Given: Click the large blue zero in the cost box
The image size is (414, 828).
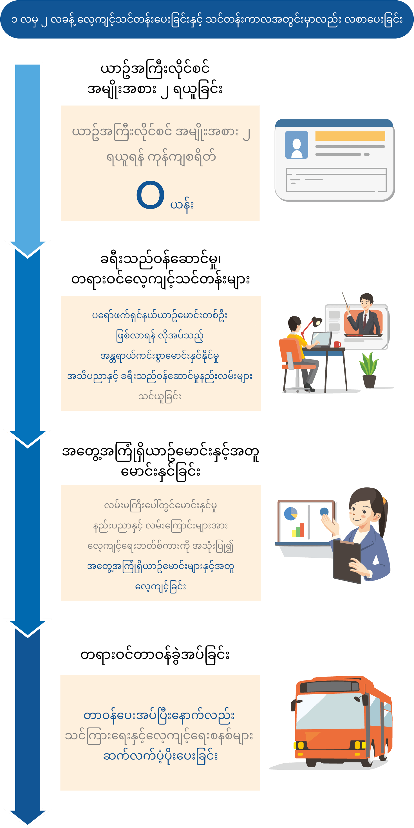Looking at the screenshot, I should click(150, 195).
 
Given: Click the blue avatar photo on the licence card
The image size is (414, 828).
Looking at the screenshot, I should click(296, 145).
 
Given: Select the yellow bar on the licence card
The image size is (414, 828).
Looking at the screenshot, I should click(350, 136).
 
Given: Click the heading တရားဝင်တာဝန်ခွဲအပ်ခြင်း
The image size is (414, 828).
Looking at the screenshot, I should click(155, 655).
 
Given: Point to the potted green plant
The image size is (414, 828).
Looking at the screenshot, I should click(369, 370).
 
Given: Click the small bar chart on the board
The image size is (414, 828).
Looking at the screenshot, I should click(298, 530).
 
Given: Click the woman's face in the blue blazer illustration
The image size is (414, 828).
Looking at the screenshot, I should click(362, 511).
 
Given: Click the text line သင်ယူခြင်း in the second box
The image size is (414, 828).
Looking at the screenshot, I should click(160, 397).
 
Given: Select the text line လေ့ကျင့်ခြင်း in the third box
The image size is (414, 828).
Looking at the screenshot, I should click(160, 587).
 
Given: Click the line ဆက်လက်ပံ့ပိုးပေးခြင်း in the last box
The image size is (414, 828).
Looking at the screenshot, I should click(160, 756).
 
